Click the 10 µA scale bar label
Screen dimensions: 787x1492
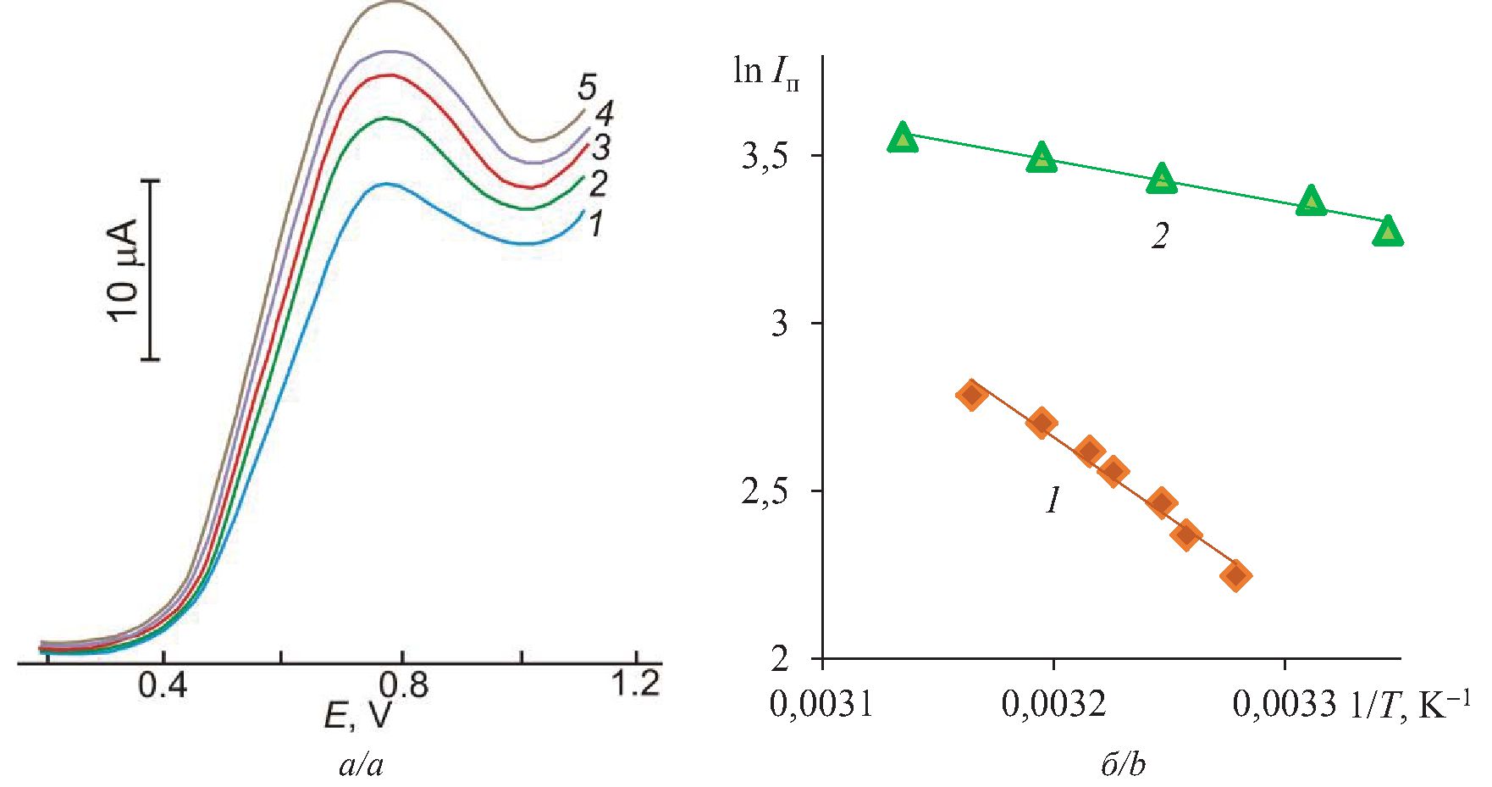(124, 270)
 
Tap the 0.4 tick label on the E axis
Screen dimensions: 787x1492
(163, 684)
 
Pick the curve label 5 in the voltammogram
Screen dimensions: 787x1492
(587, 86)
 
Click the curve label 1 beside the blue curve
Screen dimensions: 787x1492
(595, 224)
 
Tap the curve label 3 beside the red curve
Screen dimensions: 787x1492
(600, 147)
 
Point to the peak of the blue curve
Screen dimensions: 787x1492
(386, 184)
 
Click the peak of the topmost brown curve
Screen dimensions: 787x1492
(394, 3)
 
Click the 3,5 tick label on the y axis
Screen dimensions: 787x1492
(765, 157)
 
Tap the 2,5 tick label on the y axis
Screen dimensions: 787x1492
(765, 492)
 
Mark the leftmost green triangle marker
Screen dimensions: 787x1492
(903, 137)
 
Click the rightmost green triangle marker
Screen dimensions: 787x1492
(1387, 230)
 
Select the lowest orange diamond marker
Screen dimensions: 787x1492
(1235, 576)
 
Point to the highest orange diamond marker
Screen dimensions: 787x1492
(972, 395)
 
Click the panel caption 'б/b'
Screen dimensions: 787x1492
(1124, 766)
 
